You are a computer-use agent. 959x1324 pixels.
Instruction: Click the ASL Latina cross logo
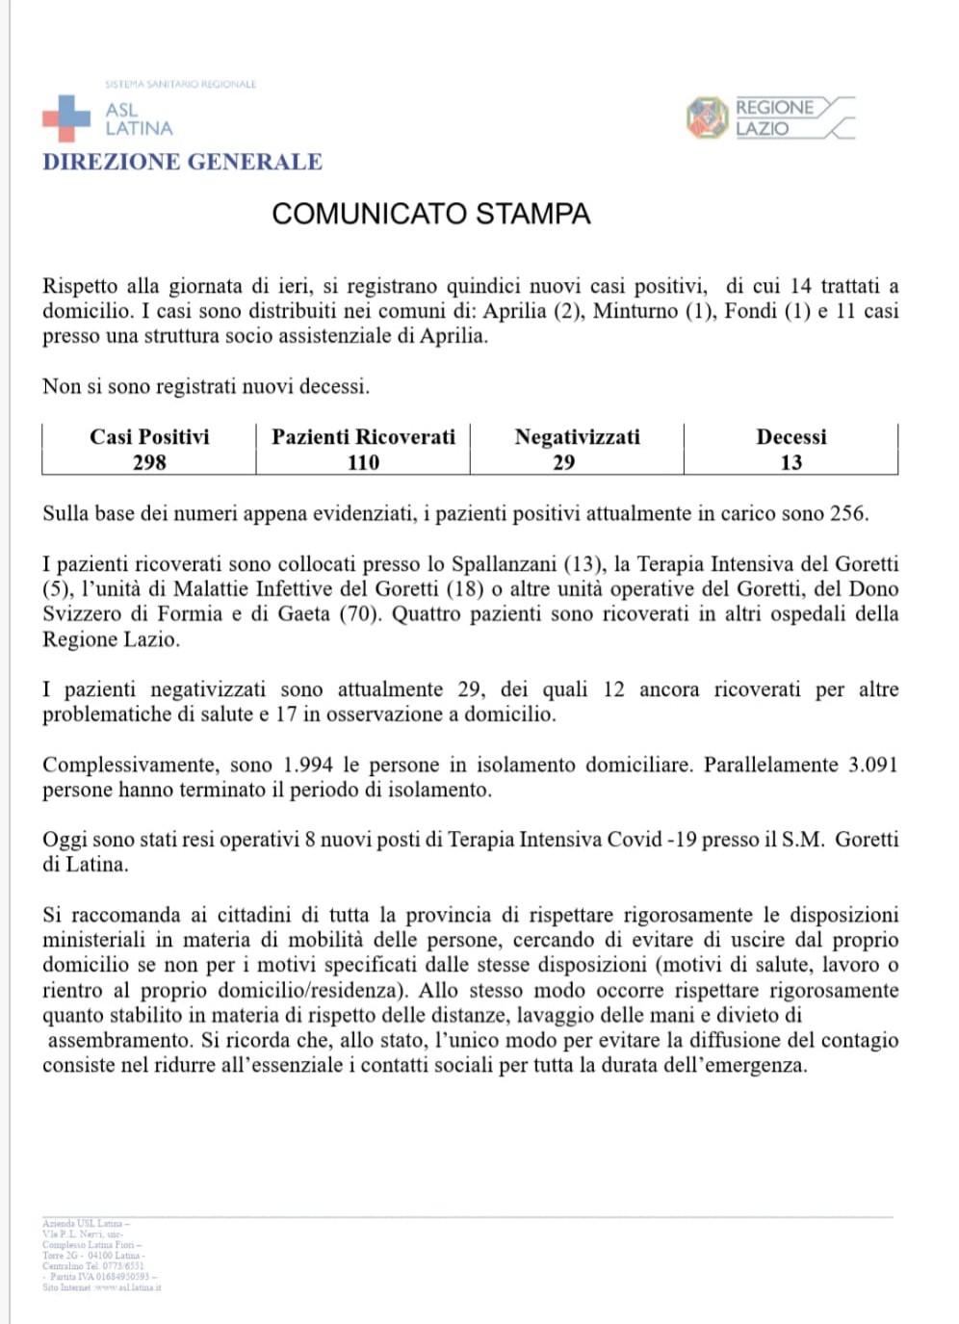(65, 118)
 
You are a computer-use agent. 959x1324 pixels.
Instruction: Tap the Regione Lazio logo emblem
(707, 118)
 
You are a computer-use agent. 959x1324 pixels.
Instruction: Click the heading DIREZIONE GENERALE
(182, 162)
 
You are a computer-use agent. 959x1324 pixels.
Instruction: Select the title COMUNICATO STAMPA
(430, 214)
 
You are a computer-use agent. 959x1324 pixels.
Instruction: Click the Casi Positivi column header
(149, 437)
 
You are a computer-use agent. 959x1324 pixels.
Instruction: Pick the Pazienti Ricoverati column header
(363, 437)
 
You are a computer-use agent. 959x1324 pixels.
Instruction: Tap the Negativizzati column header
(577, 437)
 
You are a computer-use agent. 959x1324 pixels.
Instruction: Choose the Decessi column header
(791, 437)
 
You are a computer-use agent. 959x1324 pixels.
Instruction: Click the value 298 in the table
(149, 463)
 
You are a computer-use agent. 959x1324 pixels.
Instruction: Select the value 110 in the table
(363, 463)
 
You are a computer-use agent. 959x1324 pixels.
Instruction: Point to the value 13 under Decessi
(791, 463)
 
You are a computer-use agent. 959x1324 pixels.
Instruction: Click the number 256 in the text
(847, 513)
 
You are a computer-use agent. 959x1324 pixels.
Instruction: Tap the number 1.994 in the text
(308, 765)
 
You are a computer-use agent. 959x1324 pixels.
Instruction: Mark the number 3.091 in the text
(872, 765)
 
